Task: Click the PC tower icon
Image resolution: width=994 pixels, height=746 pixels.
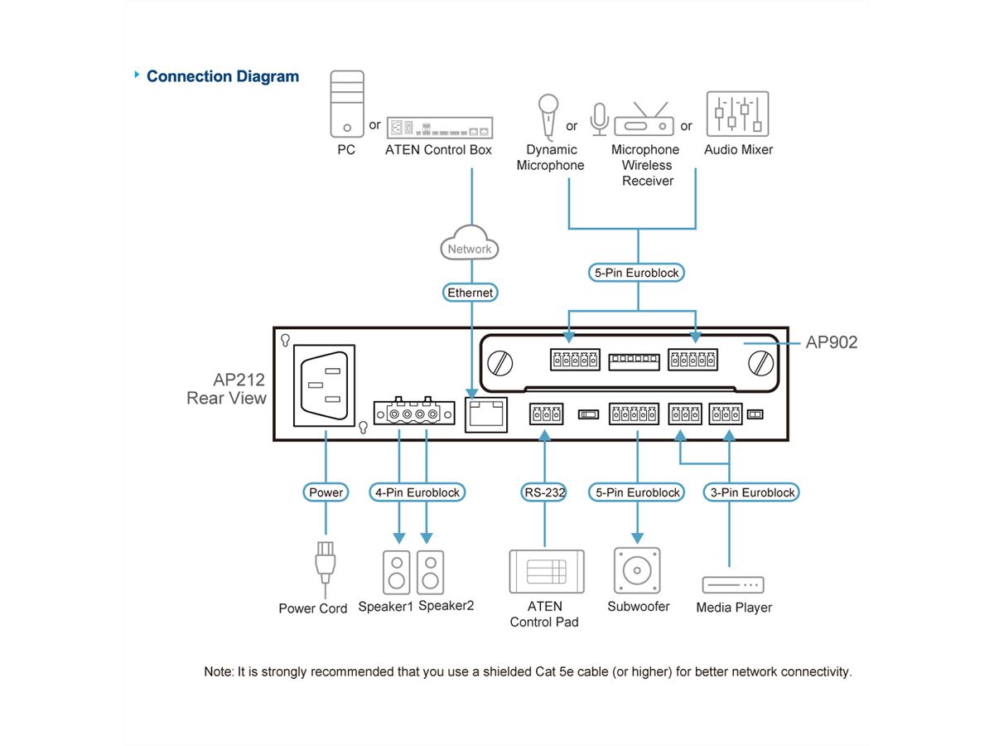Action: click(347, 104)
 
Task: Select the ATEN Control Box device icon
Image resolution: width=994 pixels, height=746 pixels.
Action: click(438, 127)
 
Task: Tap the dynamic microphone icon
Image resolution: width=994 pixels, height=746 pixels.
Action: click(548, 115)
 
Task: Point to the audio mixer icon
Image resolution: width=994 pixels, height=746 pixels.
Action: click(737, 114)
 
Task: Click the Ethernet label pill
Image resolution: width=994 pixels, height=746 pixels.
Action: click(470, 293)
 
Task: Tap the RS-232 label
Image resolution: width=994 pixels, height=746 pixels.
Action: click(544, 492)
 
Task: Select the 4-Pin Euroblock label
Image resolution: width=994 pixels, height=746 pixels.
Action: click(417, 492)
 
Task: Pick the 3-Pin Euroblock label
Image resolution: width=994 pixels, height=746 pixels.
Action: click(752, 492)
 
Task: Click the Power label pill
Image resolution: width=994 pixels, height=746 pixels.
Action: click(326, 492)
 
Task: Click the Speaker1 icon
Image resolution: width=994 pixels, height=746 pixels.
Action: click(397, 572)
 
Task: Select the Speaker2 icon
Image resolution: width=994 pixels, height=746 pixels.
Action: click(430, 572)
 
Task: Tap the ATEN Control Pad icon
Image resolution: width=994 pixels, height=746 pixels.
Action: click(546, 571)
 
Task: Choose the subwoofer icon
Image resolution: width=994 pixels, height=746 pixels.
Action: click(637, 570)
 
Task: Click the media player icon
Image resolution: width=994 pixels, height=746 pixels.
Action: click(733, 584)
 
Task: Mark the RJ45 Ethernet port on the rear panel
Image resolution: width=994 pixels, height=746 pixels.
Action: click(487, 414)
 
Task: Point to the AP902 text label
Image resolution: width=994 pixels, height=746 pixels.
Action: click(831, 342)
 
